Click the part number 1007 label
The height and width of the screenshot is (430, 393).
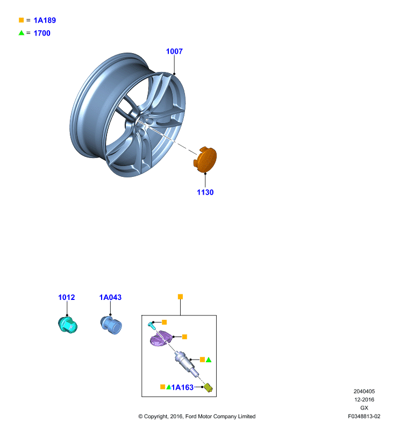point(174,51)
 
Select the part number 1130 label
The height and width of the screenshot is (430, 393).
point(205,192)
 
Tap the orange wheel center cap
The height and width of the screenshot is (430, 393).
point(205,160)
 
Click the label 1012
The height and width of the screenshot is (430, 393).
point(66,297)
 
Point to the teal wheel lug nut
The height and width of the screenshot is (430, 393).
point(68,325)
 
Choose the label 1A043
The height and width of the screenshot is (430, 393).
point(110,297)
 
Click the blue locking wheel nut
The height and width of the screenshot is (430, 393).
point(111,325)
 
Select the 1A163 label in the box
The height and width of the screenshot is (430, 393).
point(182,387)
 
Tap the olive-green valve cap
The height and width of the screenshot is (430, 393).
point(208,388)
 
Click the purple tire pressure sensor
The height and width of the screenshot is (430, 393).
point(160,338)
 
